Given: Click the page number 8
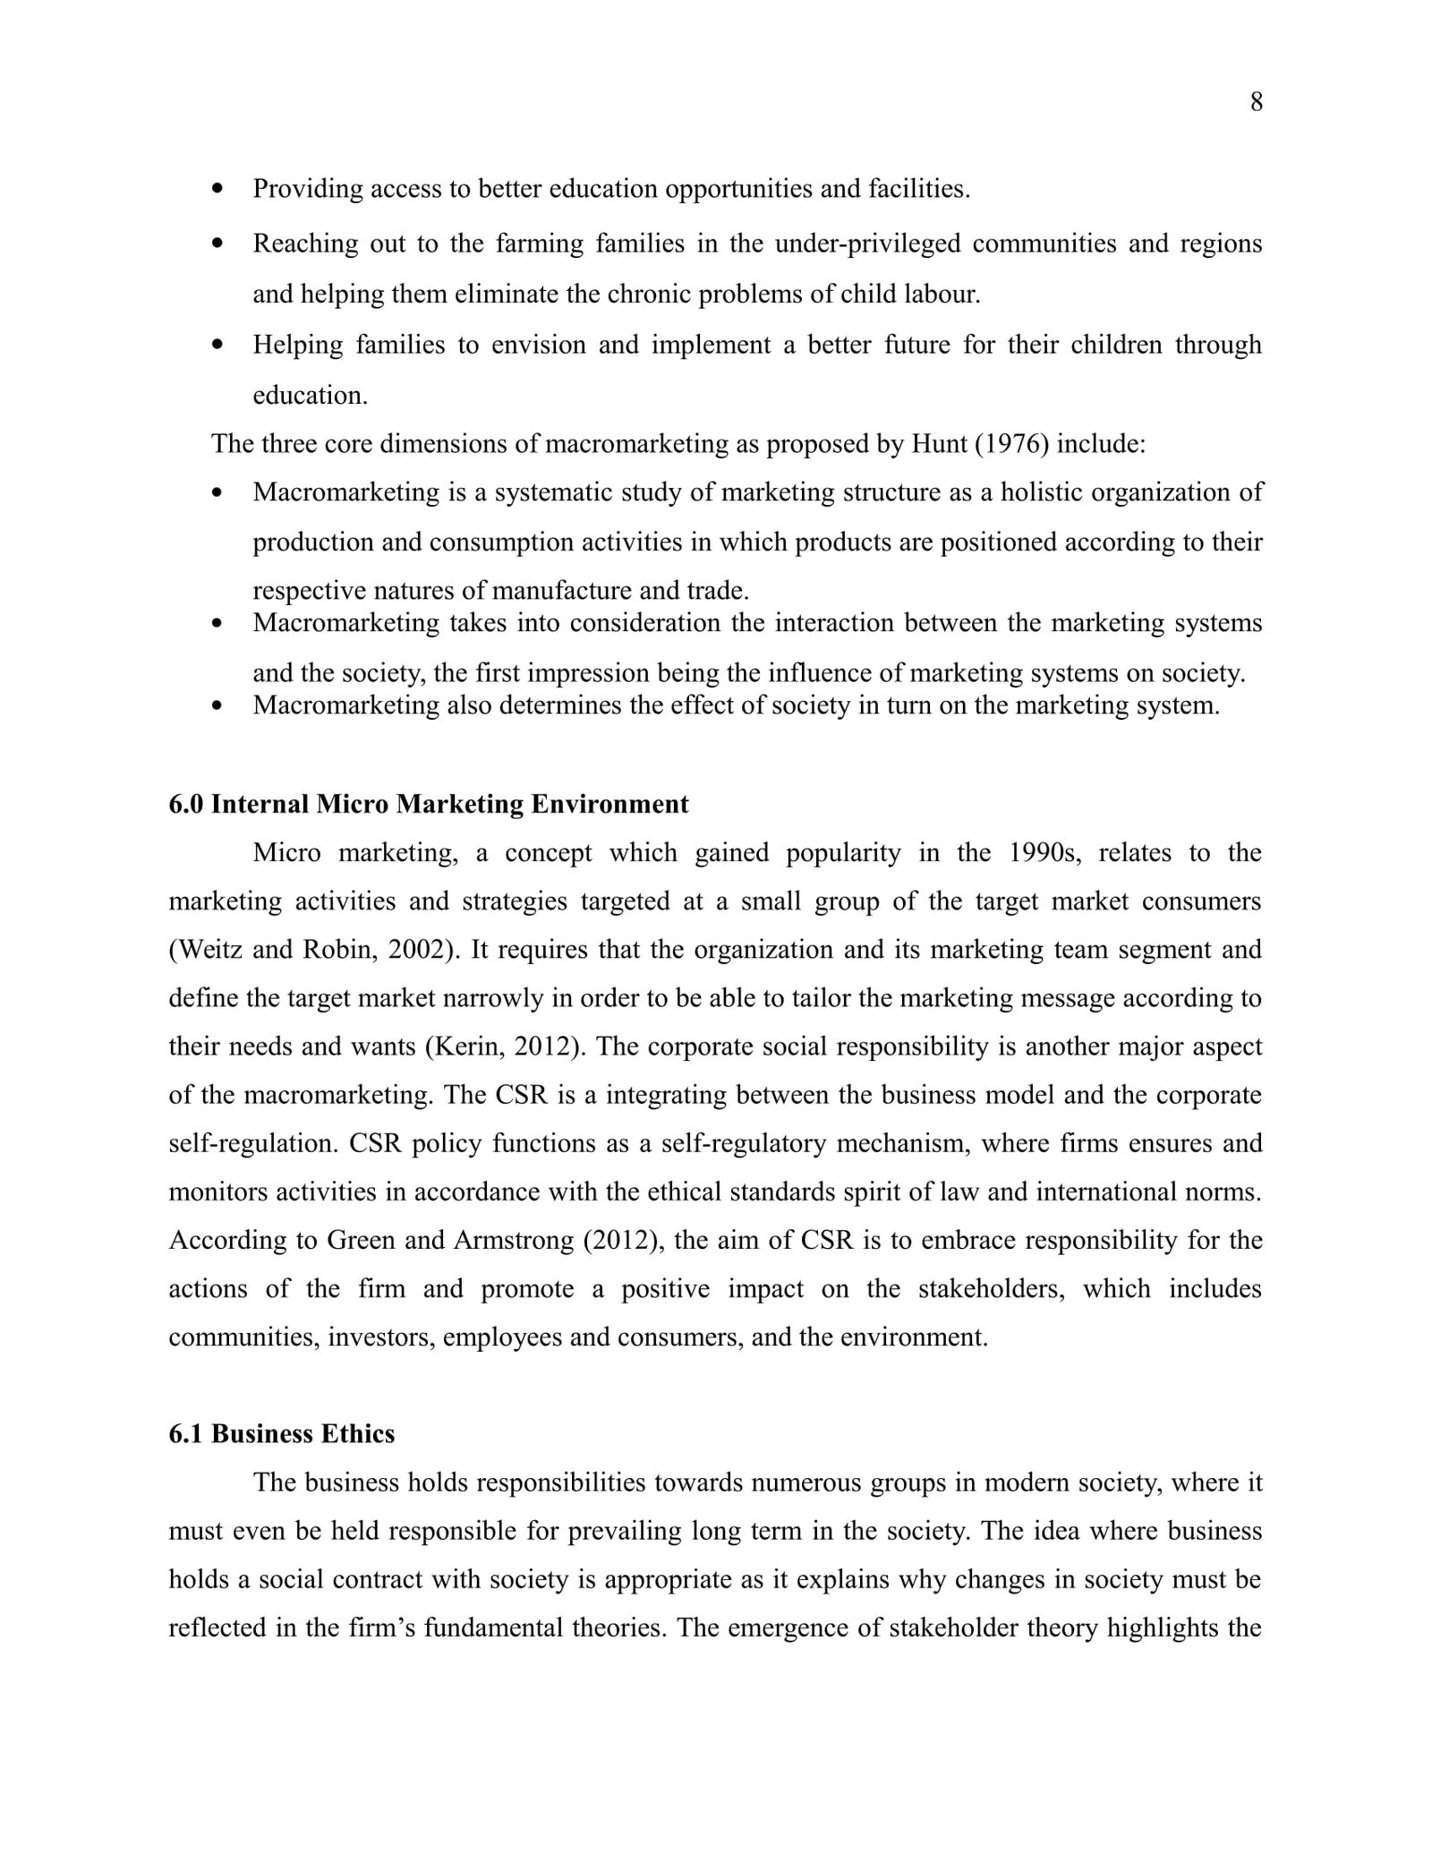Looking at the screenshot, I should click(x=1256, y=103).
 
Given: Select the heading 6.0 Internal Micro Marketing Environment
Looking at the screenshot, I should click(x=429, y=804).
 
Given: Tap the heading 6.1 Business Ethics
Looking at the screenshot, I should click(x=282, y=1434).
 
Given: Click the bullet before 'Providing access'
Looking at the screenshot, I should click(x=217, y=189).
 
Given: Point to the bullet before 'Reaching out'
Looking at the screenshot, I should click(x=217, y=243).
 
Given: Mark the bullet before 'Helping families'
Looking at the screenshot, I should click(x=217, y=345).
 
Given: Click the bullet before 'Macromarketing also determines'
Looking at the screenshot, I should click(x=217, y=705).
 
